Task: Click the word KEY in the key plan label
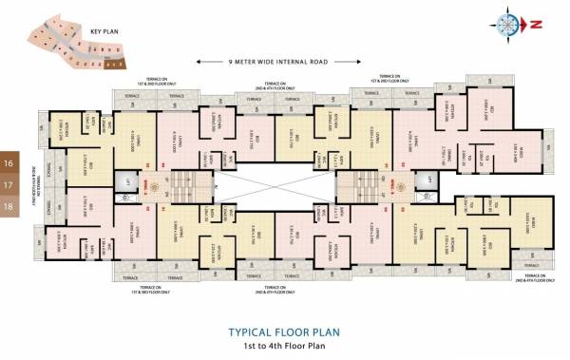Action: click(x=94, y=31)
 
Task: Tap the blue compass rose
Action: click(x=506, y=24)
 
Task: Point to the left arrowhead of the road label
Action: click(x=197, y=61)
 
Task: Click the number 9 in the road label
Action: click(x=230, y=61)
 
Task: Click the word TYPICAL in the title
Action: click(x=250, y=332)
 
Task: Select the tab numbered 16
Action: click(x=8, y=161)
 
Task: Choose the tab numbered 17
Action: click(x=8, y=184)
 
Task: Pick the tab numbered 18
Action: click(x=8, y=206)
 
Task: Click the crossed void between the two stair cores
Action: click(x=273, y=180)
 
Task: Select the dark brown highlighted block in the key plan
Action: click(x=113, y=66)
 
